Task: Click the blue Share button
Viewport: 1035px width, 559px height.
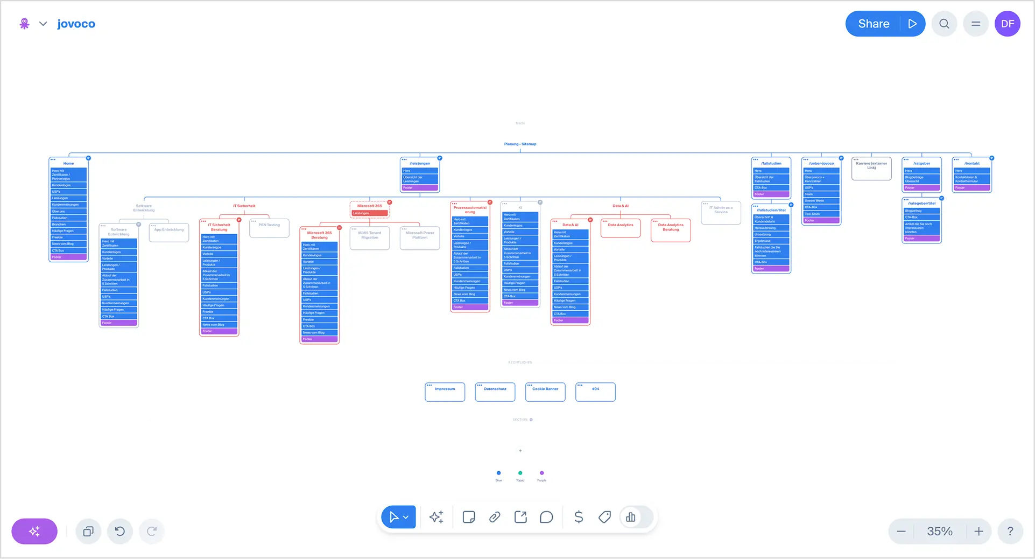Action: point(874,24)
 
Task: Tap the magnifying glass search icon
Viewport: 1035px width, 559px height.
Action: point(944,24)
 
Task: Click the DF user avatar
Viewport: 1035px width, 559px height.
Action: point(1008,24)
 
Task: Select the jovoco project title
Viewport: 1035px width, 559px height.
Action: point(76,24)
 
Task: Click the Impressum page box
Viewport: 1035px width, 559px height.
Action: point(445,392)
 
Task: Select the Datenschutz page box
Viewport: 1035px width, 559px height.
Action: point(495,392)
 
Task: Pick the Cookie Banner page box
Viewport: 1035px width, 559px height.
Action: point(545,392)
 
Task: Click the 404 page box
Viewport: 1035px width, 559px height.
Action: point(595,392)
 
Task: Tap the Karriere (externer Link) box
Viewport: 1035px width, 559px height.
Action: point(871,169)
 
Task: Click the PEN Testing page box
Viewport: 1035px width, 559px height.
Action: point(269,228)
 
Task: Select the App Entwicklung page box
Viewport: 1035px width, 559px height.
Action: point(169,233)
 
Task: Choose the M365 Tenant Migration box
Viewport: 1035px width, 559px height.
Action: point(370,238)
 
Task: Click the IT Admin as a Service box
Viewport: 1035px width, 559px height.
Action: point(721,213)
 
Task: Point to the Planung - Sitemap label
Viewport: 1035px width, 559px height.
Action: point(520,144)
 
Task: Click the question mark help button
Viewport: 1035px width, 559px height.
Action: point(1010,532)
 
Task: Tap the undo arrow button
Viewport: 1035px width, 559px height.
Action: point(120,532)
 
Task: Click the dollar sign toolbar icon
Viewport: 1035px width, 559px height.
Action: point(579,518)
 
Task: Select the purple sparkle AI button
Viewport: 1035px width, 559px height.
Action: point(34,532)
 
